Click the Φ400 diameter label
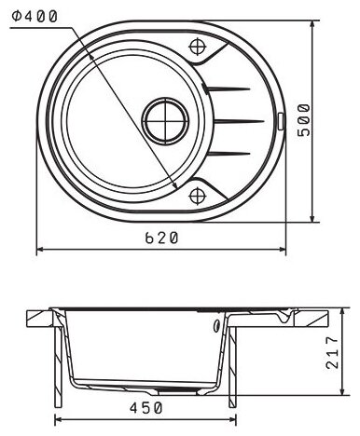click(35, 16)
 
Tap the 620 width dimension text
click(161, 238)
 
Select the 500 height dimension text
click(304, 120)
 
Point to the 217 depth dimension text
click(332, 352)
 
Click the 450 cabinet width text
click(146, 408)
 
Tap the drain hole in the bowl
click(165, 121)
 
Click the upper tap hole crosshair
click(198, 47)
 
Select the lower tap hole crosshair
click(198, 196)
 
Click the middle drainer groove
click(239, 121)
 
